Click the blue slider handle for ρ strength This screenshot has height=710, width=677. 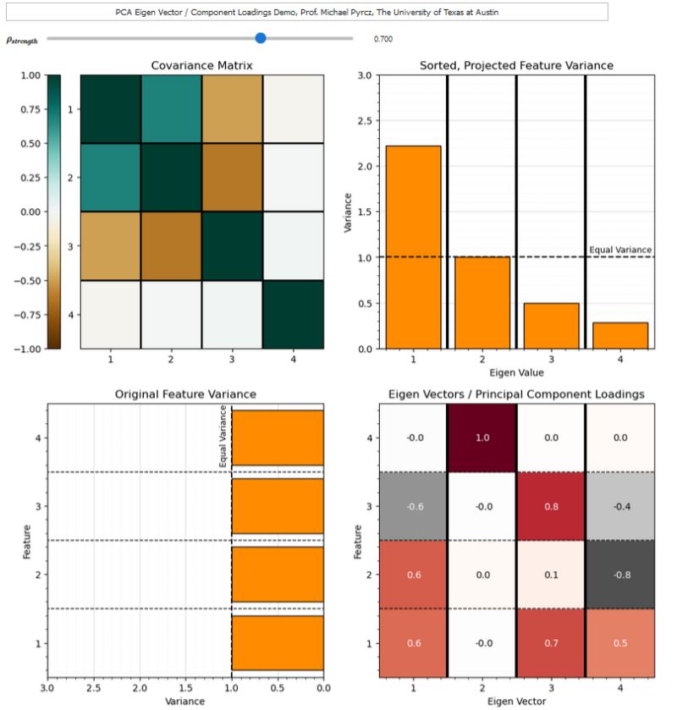point(261,38)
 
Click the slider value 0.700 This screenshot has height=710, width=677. point(383,39)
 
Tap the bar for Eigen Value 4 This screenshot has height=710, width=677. point(619,335)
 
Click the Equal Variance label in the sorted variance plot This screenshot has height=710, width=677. point(620,250)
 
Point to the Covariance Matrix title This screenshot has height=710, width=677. point(201,65)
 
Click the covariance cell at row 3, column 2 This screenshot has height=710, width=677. point(171,245)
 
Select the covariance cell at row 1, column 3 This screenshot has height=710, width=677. point(232,109)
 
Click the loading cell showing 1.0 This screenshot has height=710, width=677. point(482,438)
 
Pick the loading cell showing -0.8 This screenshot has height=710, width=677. point(619,575)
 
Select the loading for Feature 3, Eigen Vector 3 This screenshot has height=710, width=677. point(550,506)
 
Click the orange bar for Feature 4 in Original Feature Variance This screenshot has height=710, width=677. point(278,438)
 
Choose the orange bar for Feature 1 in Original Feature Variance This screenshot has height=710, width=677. point(278,643)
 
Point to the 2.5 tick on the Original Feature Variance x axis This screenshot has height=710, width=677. point(94,690)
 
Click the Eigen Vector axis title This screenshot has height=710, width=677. point(516,702)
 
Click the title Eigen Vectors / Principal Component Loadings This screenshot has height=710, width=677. point(516,394)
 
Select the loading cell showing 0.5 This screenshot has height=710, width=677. point(619,643)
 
